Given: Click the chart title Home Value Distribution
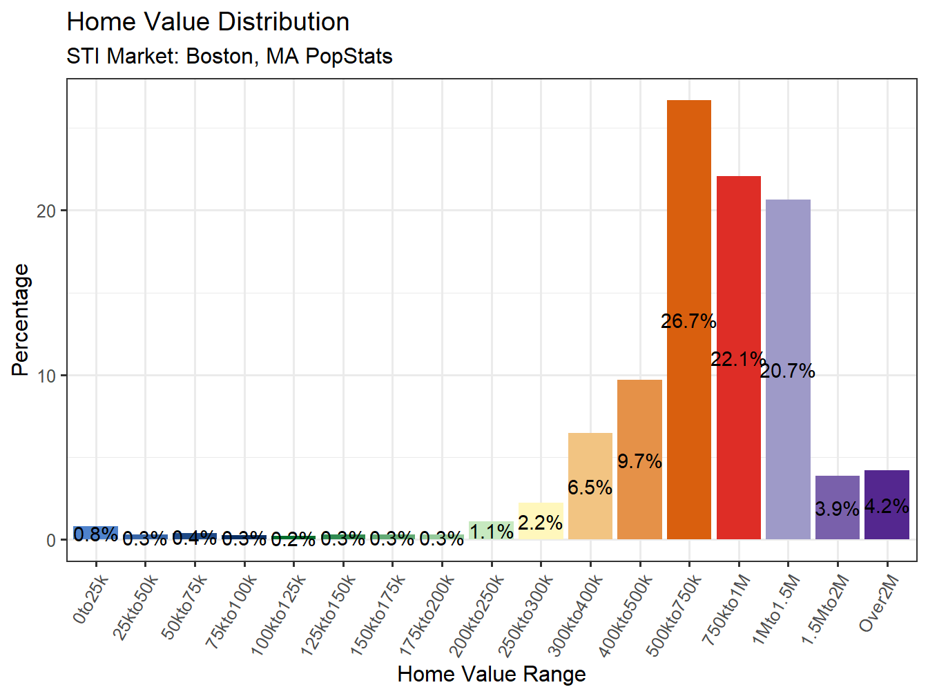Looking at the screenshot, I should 208,22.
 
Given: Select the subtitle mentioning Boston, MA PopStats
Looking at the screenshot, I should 229,56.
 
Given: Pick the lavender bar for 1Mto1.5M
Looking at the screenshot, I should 788,290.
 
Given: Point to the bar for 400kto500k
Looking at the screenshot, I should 639,421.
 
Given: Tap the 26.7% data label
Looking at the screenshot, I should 688,321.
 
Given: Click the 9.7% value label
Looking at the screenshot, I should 639,461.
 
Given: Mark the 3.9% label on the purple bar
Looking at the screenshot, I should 837,509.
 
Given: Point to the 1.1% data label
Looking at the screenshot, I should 492,532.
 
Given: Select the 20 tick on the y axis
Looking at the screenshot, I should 46,211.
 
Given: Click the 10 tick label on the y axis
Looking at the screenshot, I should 46,376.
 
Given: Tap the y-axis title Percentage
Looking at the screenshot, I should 21,320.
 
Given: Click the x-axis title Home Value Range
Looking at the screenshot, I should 492,674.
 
